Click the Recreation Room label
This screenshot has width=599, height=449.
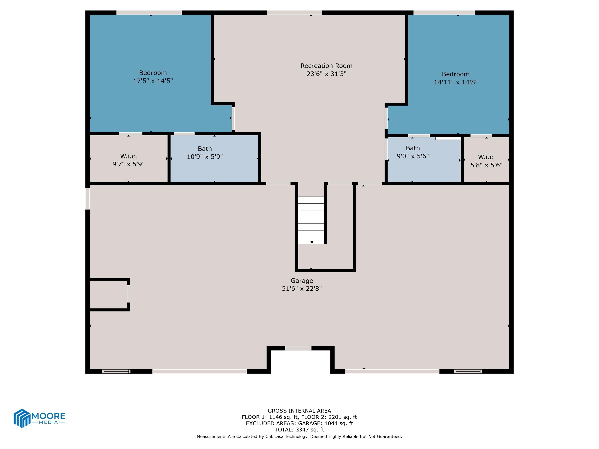click(326, 66)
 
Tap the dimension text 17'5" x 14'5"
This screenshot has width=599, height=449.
click(153, 81)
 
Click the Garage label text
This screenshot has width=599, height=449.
click(302, 281)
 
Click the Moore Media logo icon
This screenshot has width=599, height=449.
click(22, 418)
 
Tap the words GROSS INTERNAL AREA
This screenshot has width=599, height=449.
click(299, 410)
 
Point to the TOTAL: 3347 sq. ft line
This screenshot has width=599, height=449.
click(299, 429)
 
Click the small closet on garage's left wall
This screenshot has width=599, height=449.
click(108, 294)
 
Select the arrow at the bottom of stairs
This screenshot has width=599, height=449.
click(312, 242)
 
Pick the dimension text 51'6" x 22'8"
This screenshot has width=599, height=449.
click(302, 289)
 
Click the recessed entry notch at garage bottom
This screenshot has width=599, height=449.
click(300, 361)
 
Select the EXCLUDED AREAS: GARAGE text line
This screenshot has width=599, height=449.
click(299, 423)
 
